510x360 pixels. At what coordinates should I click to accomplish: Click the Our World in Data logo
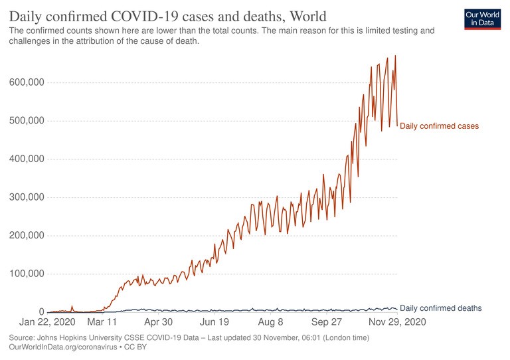(481, 19)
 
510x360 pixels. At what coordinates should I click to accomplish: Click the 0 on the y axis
(41, 312)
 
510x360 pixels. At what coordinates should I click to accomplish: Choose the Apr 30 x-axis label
(158, 322)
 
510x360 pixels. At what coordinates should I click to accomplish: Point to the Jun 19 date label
(214, 322)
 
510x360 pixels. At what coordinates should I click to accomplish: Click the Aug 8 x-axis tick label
(270, 322)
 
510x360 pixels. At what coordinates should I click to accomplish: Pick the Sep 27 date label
(326, 322)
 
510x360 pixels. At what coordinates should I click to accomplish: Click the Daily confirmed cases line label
(439, 126)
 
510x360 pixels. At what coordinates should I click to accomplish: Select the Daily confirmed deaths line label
(440, 308)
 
